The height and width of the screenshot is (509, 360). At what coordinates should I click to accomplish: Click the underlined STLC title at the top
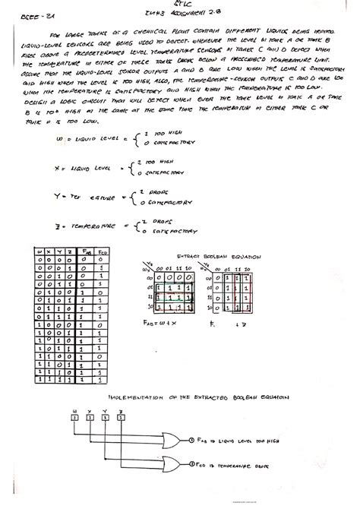[x=179, y=12]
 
